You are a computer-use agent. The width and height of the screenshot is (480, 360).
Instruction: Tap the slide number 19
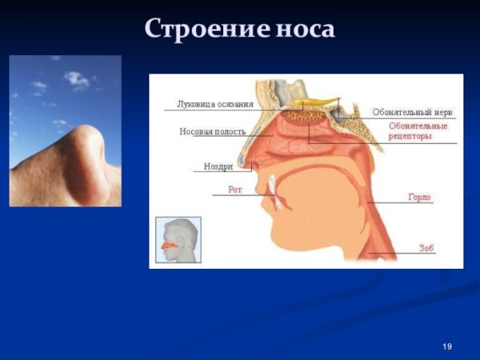[x=446, y=346]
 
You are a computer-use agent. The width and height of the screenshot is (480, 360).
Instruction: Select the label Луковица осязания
[x=214, y=103]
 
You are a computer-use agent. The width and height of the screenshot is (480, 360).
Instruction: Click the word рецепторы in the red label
[x=410, y=137]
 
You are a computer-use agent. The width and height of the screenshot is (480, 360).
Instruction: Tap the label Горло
[x=419, y=197]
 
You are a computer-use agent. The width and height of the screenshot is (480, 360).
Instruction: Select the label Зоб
[x=426, y=248]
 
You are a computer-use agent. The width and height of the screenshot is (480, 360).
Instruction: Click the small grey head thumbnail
[x=178, y=239]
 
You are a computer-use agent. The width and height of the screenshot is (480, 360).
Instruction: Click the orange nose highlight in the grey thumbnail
[x=169, y=245]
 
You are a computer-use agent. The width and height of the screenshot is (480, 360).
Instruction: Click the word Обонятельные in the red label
[x=418, y=126]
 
